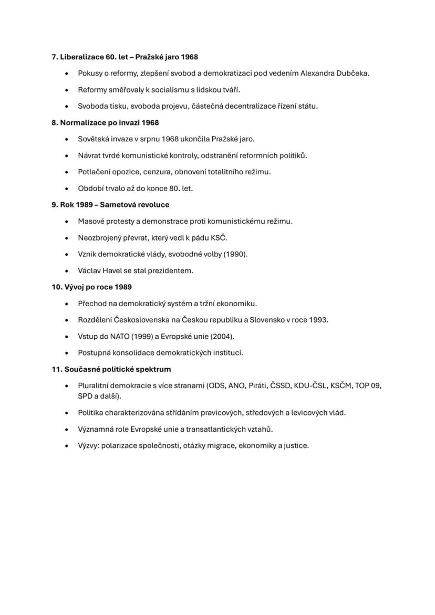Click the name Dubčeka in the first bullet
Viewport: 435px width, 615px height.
[352, 73]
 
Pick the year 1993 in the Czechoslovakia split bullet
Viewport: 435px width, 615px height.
[317, 319]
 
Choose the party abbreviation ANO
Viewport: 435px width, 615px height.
[236, 385]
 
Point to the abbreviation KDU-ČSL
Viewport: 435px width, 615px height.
[311, 385]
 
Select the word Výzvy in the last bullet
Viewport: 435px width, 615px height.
[88, 445]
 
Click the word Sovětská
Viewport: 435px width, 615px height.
[94, 139]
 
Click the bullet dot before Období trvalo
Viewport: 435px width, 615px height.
[66, 189]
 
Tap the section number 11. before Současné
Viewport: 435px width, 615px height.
[57, 369]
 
